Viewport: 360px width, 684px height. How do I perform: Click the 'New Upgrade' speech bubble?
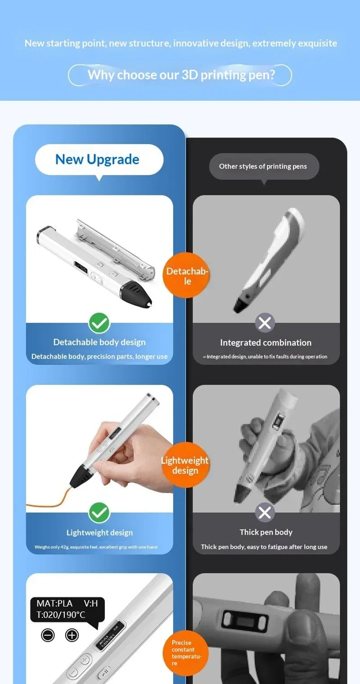click(x=99, y=160)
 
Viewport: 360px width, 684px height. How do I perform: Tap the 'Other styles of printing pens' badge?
click(x=264, y=167)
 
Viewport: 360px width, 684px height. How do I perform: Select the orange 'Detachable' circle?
click(x=186, y=275)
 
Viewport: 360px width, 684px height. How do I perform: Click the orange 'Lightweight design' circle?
click(x=185, y=465)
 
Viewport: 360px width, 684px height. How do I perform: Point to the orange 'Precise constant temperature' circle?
click(x=185, y=653)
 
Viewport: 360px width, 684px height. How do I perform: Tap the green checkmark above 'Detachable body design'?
click(x=99, y=323)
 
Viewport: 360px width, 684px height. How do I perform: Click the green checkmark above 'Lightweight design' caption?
click(x=99, y=513)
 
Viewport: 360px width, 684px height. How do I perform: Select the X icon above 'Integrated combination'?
click(x=265, y=323)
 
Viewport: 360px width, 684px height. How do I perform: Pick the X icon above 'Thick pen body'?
click(x=265, y=512)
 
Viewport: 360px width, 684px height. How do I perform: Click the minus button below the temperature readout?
click(x=48, y=635)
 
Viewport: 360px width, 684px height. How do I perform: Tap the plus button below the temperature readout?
click(x=72, y=635)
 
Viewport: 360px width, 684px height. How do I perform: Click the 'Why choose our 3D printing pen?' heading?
click(x=181, y=75)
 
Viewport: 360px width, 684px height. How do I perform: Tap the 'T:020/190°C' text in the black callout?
click(x=61, y=615)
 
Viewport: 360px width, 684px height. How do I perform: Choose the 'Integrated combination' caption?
click(x=266, y=343)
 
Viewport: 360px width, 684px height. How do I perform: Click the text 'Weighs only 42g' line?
click(x=96, y=547)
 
